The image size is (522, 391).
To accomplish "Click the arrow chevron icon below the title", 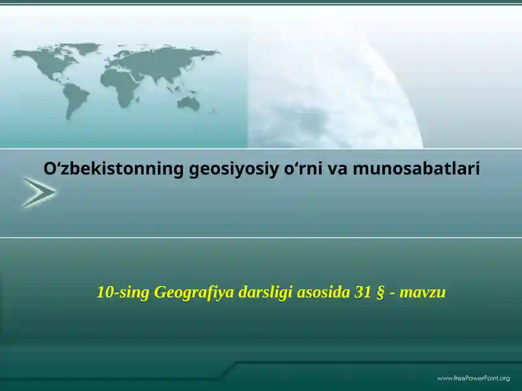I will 38,193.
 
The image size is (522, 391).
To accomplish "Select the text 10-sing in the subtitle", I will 123,293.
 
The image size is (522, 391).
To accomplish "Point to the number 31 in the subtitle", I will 363,293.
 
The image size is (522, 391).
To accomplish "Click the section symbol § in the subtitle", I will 380,293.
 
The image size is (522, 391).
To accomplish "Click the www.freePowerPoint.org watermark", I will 473,378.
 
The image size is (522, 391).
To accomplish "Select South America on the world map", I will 76,99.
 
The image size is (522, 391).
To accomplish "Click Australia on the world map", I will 189,102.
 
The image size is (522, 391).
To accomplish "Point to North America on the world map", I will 46,62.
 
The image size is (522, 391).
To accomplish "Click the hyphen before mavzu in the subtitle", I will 392,293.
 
